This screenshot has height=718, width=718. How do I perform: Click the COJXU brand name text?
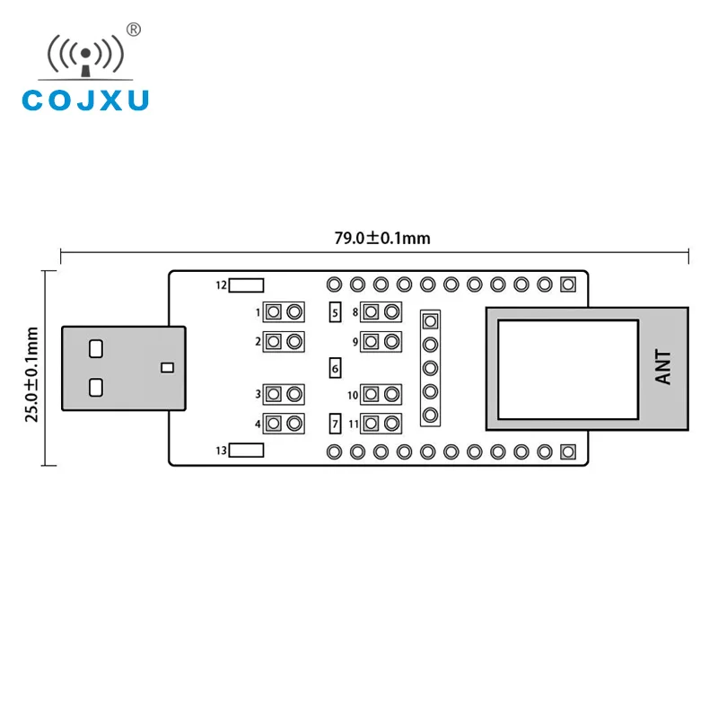(84, 99)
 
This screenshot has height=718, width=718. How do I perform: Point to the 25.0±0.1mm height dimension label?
(33, 373)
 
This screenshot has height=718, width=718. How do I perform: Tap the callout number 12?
(222, 285)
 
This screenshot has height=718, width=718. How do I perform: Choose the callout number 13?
(222, 451)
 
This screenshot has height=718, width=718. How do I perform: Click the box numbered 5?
(335, 312)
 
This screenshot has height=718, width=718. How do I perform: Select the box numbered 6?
(335, 368)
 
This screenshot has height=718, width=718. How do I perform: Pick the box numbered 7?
(335, 423)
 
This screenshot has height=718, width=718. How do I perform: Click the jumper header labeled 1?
(284, 312)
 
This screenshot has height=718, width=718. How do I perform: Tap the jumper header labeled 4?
(284, 423)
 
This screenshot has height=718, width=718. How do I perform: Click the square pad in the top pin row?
(566, 285)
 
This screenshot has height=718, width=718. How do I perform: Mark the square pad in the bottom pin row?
(566, 451)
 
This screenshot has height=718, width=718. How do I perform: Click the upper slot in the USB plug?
(96, 346)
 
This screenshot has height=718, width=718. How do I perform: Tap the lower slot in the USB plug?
(96, 388)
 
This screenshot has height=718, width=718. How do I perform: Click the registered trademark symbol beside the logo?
(134, 30)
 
